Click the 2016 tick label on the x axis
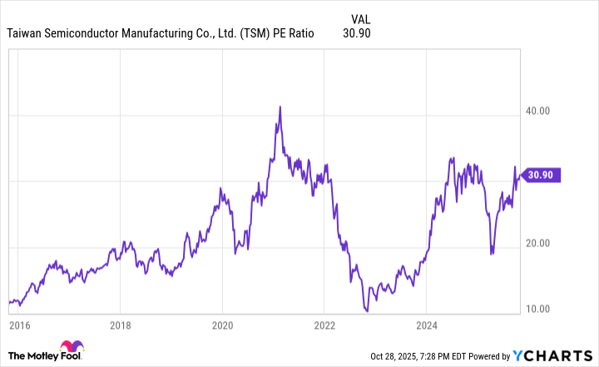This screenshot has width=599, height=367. pos(18,325)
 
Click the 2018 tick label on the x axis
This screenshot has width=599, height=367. pos(121,325)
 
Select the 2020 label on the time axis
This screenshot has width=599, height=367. pos(222,325)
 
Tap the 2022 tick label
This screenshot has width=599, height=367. pos(324,325)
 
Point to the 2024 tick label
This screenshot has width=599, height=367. pos(426,325)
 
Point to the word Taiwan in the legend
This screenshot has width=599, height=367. pos(27,34)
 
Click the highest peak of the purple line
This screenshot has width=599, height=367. pos(280,107)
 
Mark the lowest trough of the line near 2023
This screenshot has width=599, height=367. pos(367,310)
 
